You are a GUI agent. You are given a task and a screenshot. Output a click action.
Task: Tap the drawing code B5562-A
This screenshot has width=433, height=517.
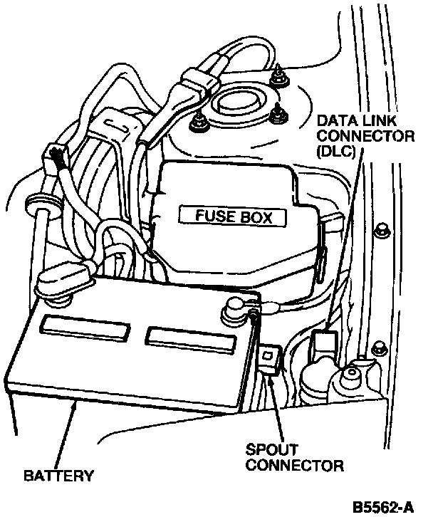tap(384, 507)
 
